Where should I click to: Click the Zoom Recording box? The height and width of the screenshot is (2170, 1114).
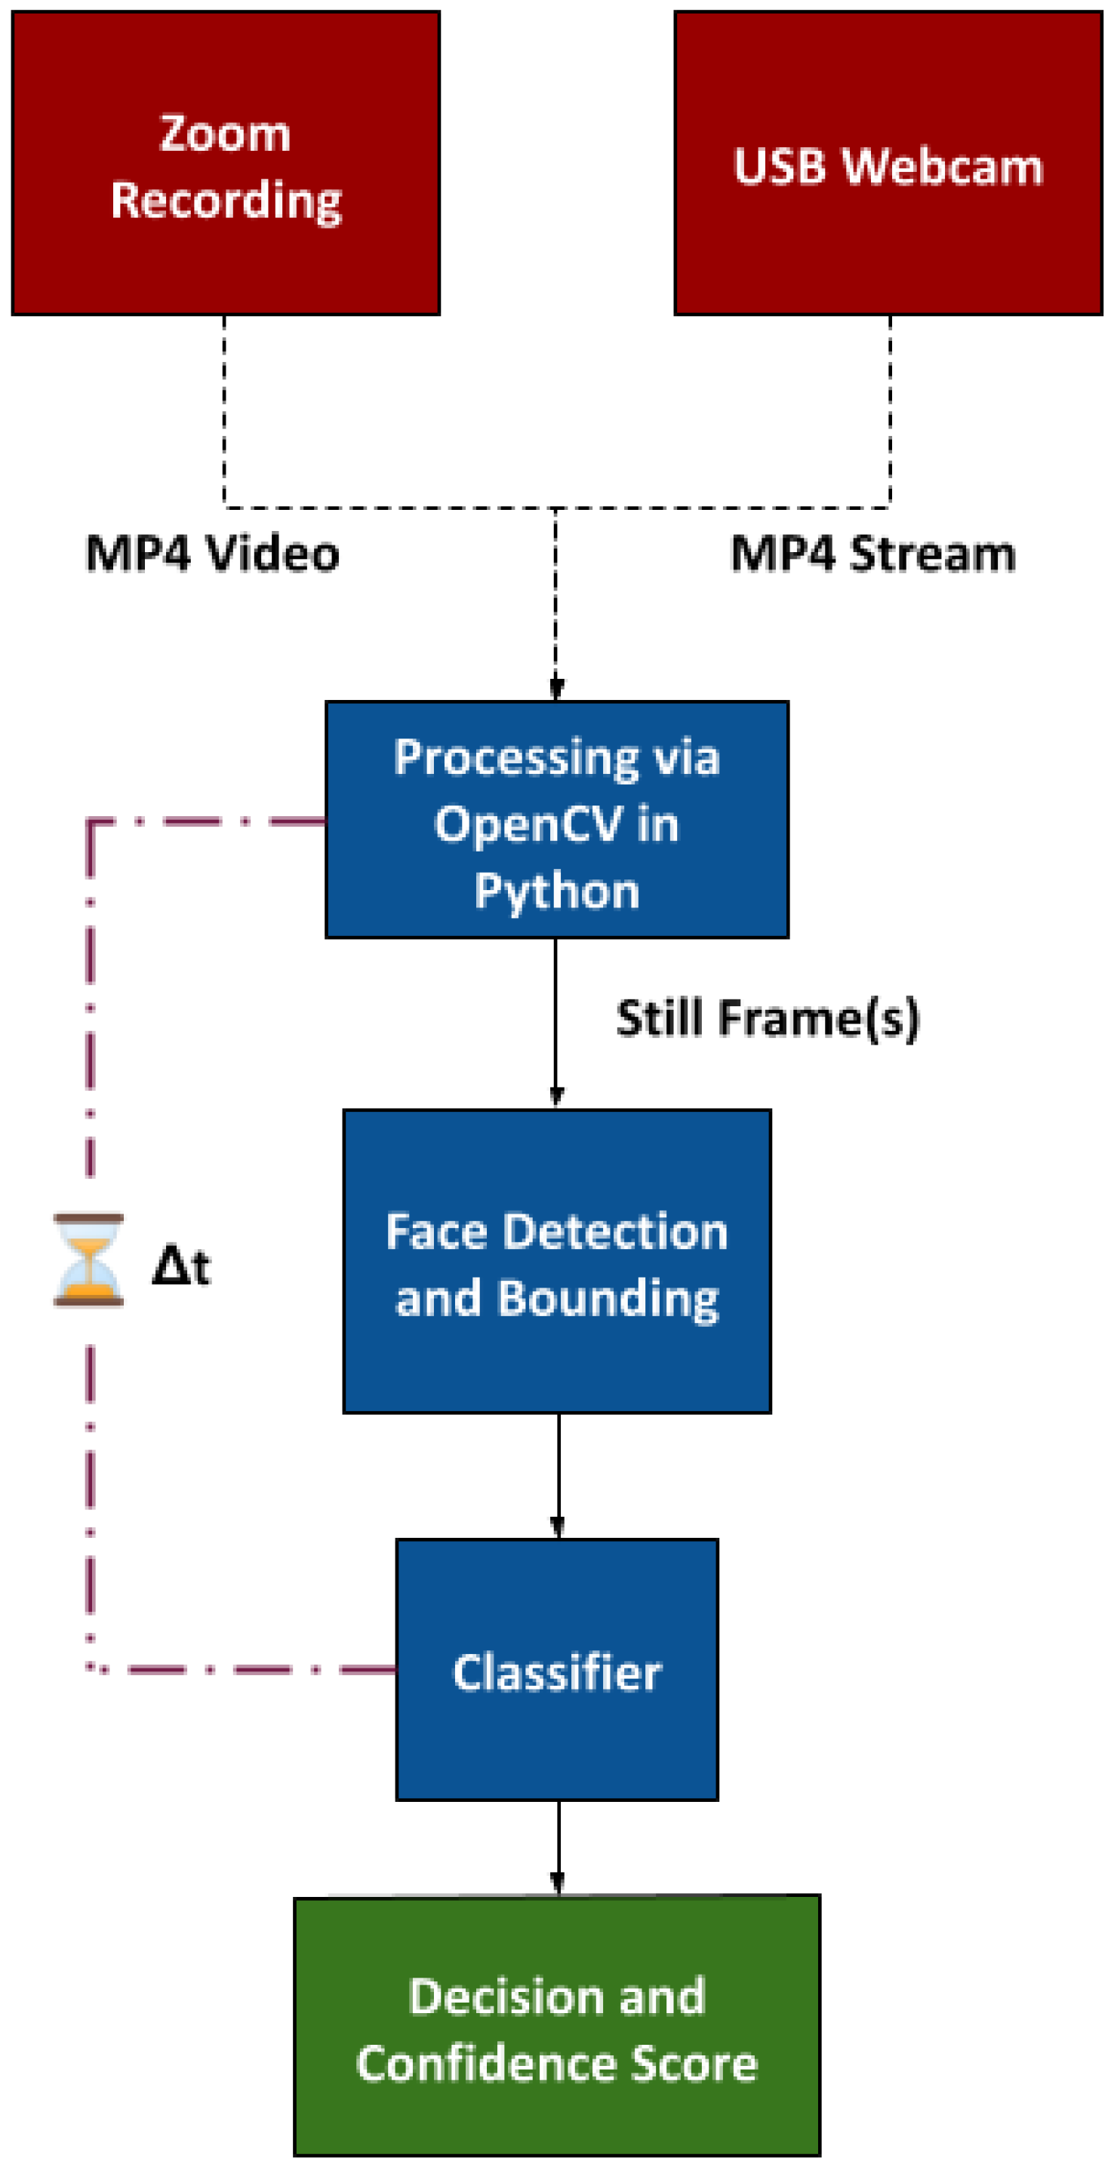tap(225, 164)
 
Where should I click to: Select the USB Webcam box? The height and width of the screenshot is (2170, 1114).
tap(888, 164)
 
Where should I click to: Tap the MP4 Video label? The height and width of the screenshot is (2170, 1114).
tap(212, 554)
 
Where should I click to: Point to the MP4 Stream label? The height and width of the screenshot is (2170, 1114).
tap(872, 554)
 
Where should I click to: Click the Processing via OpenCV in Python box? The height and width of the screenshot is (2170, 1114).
tap(556, 819)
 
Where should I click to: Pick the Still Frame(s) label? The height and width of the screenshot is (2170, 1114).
tap(767, 1017)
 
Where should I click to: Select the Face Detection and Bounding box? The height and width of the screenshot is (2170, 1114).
tap(556, 1261)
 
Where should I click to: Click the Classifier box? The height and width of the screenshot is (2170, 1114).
tap(556, 1672)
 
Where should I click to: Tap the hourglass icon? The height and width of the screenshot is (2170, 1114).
tap(88, 1260)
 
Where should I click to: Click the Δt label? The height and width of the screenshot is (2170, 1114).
tap(180, 1266)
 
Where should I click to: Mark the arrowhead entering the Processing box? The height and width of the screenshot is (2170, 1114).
tap(556, 688)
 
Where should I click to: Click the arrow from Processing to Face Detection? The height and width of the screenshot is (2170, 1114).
tap(555, 1019)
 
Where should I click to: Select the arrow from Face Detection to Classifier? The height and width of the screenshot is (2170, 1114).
tap(558, 1474)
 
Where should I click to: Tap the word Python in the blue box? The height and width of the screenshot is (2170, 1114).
tap(556, 892)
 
